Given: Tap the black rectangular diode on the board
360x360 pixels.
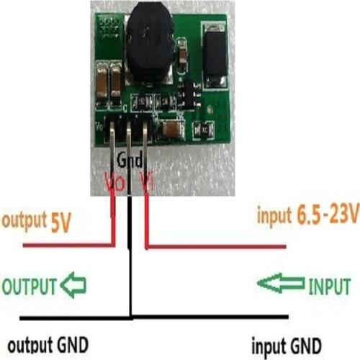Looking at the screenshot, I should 215,54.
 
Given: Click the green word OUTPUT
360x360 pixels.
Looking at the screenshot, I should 29,286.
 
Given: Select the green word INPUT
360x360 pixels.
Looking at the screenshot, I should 329,286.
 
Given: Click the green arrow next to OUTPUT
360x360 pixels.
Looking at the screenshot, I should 72,286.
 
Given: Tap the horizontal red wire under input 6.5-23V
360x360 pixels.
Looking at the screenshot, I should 216,248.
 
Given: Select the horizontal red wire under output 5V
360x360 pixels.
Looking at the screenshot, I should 68,246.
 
